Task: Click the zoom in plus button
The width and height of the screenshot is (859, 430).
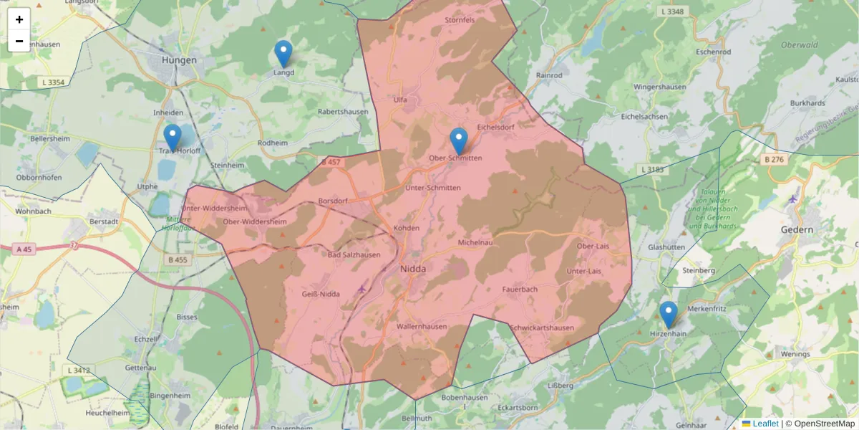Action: [19, 19]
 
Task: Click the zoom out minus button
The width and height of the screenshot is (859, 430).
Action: [19, 41]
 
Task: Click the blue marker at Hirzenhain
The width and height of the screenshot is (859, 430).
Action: [669, 315]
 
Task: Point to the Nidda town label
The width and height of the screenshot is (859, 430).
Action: [414, 269]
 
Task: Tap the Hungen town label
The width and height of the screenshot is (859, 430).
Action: [179, 60]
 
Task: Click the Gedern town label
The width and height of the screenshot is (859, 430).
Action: [798, 230]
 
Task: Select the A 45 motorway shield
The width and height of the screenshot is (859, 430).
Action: [24, 249]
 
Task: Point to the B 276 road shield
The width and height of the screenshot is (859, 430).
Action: [776, 160]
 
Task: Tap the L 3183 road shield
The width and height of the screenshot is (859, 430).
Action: [653, 169]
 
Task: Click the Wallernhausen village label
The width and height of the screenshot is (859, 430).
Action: [422, 326]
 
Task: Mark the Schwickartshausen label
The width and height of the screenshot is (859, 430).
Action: [542, 328]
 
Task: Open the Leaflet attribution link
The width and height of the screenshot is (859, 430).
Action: [765, 424]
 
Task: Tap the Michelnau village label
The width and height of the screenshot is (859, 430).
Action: [476, 243]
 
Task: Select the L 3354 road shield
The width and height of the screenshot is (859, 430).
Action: [53, 82]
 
